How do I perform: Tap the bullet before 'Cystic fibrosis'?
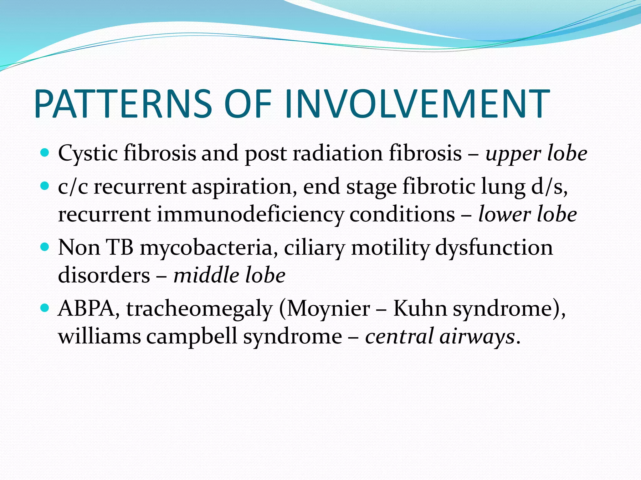[45, 153]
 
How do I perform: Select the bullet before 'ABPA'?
[45, 308]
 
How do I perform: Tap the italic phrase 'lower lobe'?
[528, 215]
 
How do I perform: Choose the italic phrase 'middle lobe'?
[229, 275]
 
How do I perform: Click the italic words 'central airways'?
[440, 337]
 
